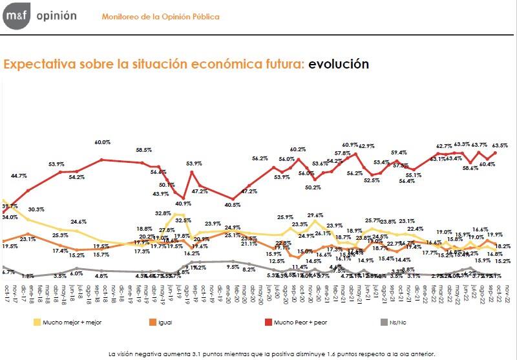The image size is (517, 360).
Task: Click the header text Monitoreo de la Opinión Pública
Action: (x=160, y=16)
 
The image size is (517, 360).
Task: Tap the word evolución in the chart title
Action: (x=339, y=64)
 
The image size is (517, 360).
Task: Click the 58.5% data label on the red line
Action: (x=143, y=150)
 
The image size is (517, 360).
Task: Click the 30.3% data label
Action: (x=36, y=209)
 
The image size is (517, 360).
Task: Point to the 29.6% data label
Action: (x=315, y=215)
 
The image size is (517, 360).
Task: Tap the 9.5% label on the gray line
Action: (x=233, y=266)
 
